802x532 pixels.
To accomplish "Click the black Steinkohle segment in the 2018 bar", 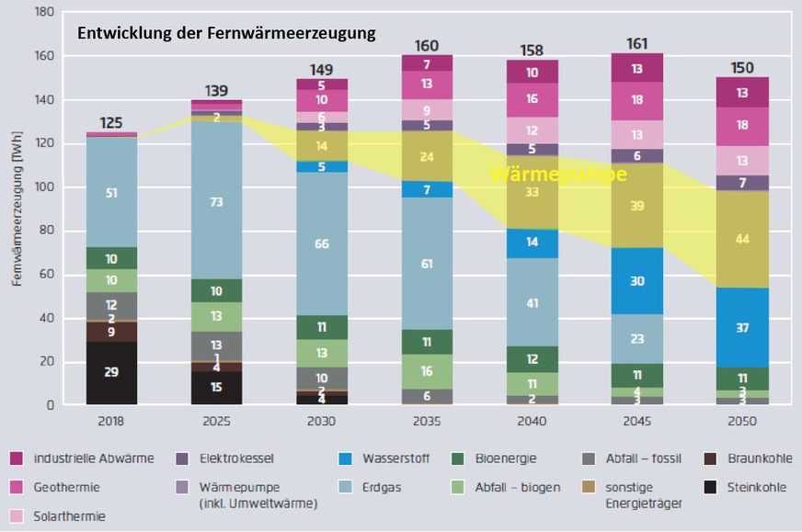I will [111, 373].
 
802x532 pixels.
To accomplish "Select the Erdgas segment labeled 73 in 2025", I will [216, 200].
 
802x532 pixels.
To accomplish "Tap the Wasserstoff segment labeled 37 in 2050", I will [742, 327].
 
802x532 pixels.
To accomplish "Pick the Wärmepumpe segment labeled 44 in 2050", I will [742, 239].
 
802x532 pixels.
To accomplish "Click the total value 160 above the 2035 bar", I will [427, 45].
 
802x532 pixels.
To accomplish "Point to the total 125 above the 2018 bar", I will [111, 122].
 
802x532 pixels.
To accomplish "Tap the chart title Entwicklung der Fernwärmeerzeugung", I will [226, 34].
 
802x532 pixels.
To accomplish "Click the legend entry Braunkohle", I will [751, 458].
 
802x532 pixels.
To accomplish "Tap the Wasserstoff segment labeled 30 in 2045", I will [636, 281].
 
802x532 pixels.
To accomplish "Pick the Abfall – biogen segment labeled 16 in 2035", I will [427, 371].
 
